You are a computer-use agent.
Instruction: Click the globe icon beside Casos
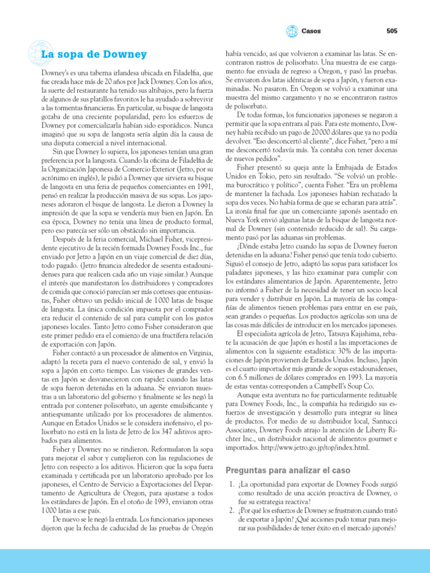292,31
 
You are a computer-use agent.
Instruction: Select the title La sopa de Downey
94,54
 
